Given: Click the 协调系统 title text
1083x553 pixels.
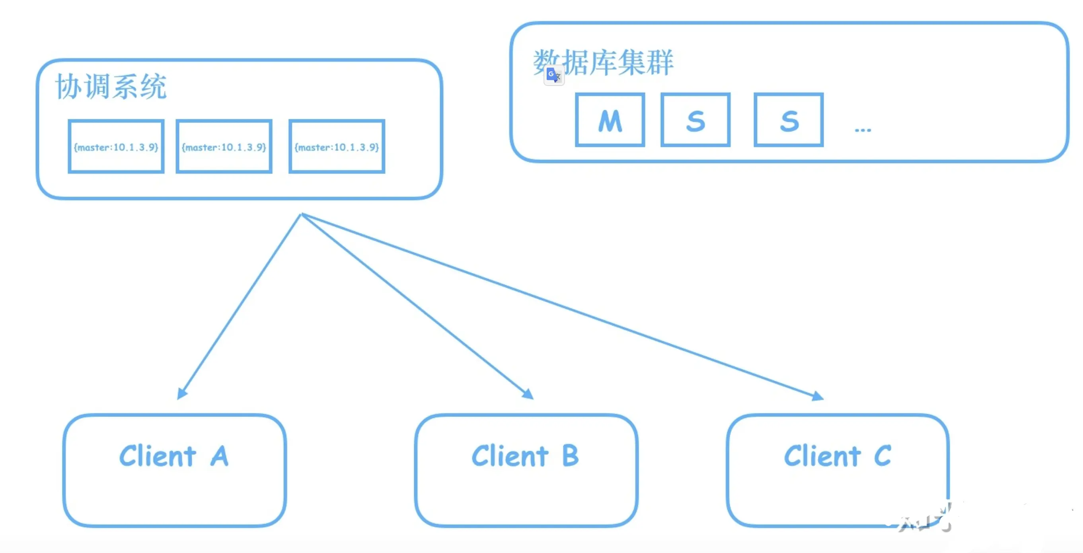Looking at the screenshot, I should (x=111, y=87).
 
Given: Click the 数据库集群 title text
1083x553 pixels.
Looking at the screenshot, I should (x=604, y=62).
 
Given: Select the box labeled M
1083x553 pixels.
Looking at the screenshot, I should (x=610, y=120).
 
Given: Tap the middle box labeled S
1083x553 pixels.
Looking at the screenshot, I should (x=695, y=120).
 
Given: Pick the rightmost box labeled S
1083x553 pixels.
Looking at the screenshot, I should (x=789, y=120).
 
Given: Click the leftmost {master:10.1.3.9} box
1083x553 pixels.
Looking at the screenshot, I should (x=116, y=147).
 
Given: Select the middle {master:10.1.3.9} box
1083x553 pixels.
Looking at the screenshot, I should (x=224, y=147).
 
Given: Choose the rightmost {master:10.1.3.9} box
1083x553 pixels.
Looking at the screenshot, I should (x=337, y=147).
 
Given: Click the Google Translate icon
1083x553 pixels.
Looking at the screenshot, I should (x=554, y=75).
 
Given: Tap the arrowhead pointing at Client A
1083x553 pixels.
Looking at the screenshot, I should (x=181, y=394).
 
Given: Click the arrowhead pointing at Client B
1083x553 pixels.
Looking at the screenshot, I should (x=528, y=394).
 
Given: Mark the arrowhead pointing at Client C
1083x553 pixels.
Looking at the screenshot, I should (x=818, y=396).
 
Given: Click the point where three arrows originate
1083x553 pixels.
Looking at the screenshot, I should (x=302, y=215).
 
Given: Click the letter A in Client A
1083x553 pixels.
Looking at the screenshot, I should (x=220, y=456).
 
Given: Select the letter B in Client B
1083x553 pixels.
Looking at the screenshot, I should (x=570, y=456).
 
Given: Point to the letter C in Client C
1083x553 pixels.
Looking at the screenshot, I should (x=882, y=456).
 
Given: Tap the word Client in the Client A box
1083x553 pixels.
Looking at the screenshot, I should (x=158, y=456).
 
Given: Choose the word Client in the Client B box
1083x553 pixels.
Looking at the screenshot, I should (x=510, y=456).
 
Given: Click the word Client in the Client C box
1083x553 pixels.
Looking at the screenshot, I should (x=822, y=456).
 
